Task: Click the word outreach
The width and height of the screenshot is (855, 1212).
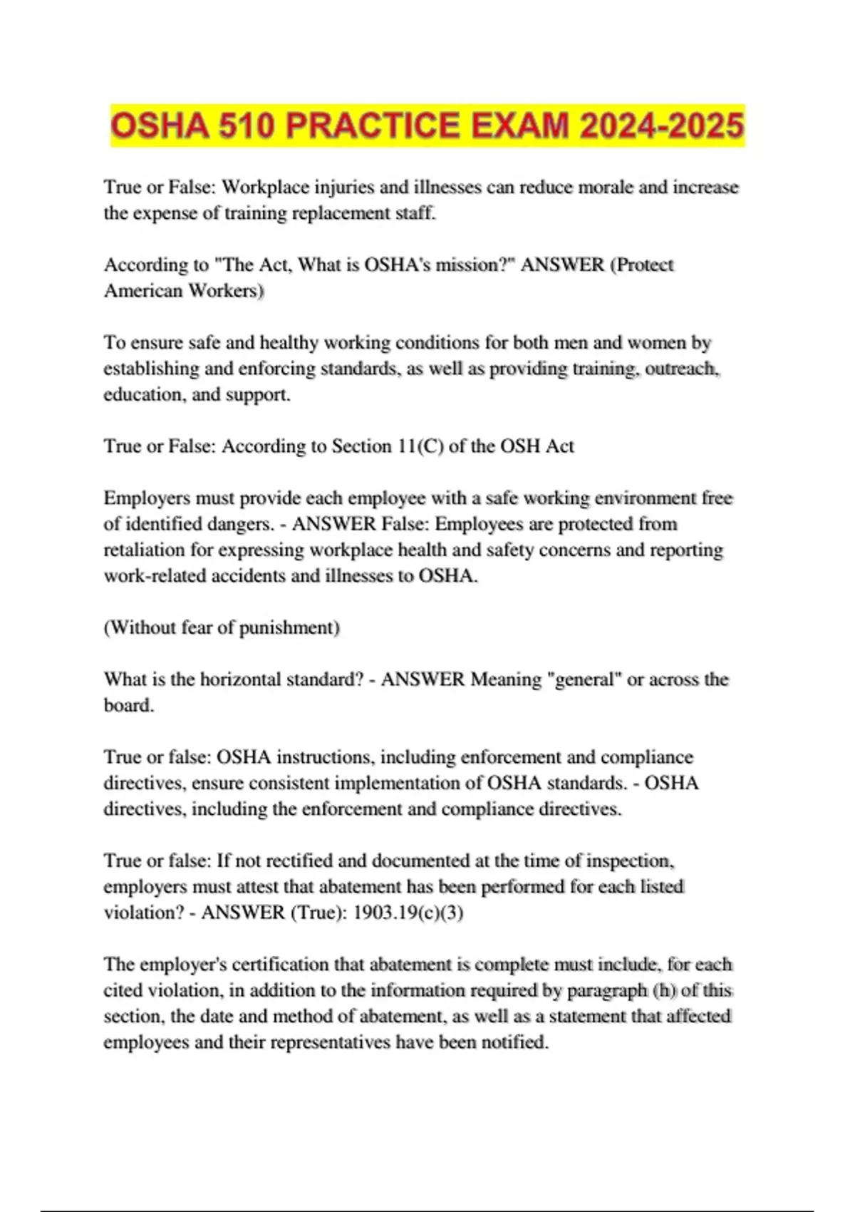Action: pos(683,369)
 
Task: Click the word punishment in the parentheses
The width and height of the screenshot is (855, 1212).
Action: pos(289,628)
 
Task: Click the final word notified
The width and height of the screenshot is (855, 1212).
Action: pos(515,1042)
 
